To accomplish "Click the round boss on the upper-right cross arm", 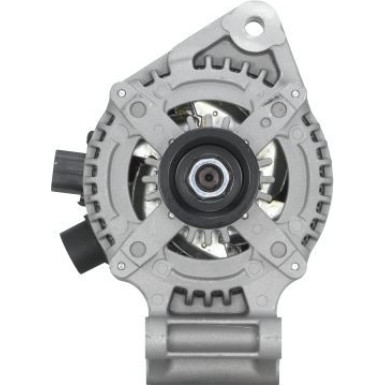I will click(278, 108).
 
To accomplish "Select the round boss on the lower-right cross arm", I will click(276, 247).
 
